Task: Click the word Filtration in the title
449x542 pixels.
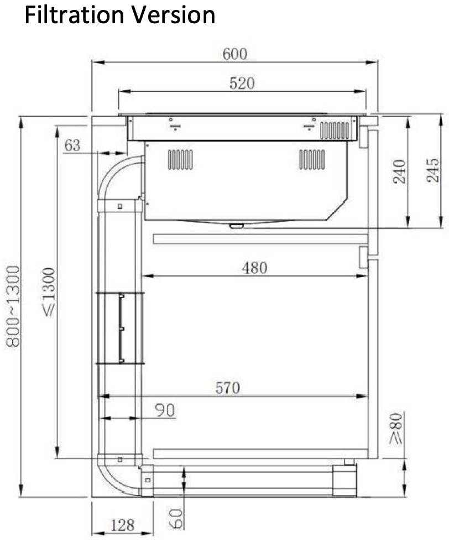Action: coord(74,15)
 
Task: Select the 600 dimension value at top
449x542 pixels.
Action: coord(234,54)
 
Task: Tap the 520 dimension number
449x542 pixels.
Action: coord(242,84)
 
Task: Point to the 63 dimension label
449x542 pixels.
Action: coord(72,145)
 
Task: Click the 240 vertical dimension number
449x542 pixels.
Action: coord(399,172)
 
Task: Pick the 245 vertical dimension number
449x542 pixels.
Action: coord(432,170)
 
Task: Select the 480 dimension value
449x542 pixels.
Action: coord(255,268)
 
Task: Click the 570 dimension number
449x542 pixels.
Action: coord(227,388)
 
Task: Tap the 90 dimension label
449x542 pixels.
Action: coord(165,410)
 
